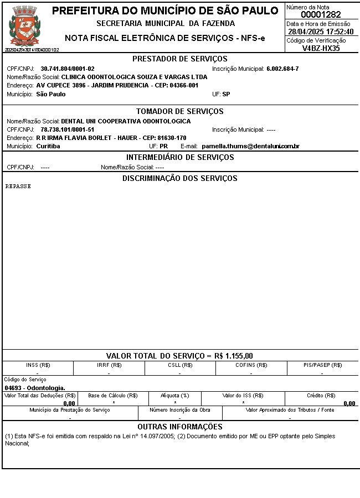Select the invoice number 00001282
coord(321,15)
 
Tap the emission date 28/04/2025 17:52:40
coord(321,32)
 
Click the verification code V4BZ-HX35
coord(321,48)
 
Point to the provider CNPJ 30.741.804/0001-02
coord(68,69)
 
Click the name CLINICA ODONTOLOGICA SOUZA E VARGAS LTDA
coord(134,77)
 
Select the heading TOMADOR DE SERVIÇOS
coord(180,111)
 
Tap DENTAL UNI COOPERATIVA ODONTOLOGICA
coord(126,121)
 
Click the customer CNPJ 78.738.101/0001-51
coord(68,129)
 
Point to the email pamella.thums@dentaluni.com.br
coord(250,146)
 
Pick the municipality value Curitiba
coord(48,146)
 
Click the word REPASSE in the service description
coord(18,186)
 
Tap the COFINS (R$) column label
coord(251,365)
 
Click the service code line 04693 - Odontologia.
coord(35,388)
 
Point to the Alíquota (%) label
coord(175,396)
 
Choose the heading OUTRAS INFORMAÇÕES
coord(180,427)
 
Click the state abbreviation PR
coord(163,146)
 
